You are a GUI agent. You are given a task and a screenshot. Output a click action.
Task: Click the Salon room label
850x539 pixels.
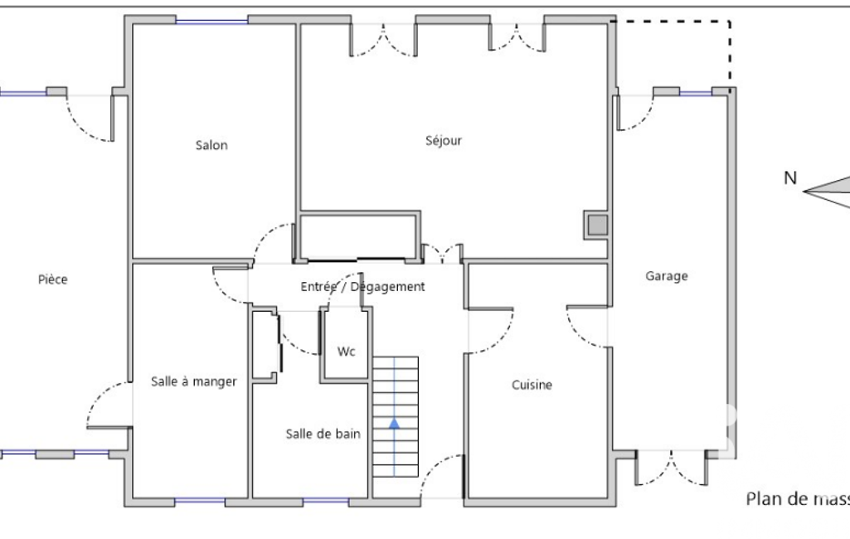click(x=211, y=145)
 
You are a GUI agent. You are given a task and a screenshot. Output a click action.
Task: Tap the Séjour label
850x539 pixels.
click(x=444, y=140)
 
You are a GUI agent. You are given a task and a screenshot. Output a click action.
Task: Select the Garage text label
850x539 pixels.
click(x=666, y=277)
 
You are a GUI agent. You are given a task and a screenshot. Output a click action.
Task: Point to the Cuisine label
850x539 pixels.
click(x=532, y=385)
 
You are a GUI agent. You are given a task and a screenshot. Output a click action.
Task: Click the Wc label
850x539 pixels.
click(x=347, y=352)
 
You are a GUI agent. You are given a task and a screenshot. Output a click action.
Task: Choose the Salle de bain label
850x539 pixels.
click(x=323, y=434)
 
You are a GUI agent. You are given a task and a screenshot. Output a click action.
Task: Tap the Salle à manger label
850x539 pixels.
click(x=193, y=381)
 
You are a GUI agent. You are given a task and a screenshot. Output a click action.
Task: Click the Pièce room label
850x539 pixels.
click(x=52, y=279)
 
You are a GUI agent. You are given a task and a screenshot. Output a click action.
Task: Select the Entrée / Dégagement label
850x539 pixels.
click(x=362, y=286)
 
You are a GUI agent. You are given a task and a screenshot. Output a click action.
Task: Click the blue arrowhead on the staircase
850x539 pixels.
click(x=394, y=424)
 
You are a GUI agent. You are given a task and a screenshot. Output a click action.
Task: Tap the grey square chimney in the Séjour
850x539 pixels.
click(x=598, y=225)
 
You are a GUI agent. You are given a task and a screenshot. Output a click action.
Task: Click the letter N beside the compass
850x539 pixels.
click(x=790, y=177)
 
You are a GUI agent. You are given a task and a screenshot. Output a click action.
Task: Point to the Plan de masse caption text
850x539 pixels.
click(x=798, y=499)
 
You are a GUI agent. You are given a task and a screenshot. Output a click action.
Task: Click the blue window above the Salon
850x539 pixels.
click(x=211, y=22)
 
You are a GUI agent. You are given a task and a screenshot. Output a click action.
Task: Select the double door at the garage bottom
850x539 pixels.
click(x=671, y=468)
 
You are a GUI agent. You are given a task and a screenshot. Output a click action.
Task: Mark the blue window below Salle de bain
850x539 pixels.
click(x=325, y=501)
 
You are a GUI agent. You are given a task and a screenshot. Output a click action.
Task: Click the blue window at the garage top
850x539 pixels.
click(x=696, y=93)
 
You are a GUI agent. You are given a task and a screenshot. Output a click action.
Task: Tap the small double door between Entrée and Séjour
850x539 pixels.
click(x=442, y=254)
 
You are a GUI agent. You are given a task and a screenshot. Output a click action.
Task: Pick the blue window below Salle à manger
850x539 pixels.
click(x=200, y=501)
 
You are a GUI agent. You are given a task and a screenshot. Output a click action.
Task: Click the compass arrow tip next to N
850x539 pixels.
click(x=804, y=192)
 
